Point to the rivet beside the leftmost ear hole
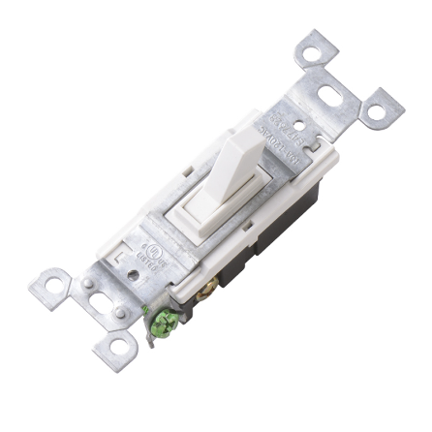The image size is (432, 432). pos(86,283)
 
